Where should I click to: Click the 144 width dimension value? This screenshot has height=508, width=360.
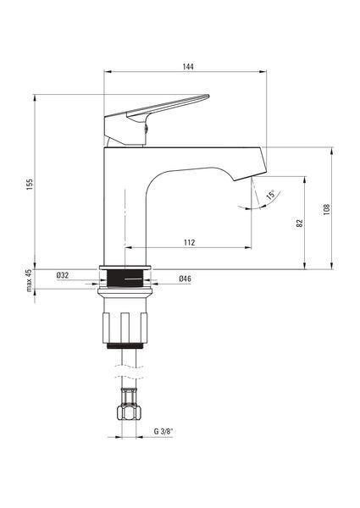188,66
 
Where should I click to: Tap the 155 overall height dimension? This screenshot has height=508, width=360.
30,185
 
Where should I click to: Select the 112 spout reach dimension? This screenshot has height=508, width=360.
190,242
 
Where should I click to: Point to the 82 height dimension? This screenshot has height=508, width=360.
300,224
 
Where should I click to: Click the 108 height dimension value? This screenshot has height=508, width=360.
327,210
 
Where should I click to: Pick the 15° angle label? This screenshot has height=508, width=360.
270,195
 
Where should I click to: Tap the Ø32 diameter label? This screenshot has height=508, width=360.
63,275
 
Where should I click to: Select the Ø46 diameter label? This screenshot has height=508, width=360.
185,279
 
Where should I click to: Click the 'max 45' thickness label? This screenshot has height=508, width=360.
30,280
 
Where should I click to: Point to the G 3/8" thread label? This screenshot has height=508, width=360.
163,431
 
